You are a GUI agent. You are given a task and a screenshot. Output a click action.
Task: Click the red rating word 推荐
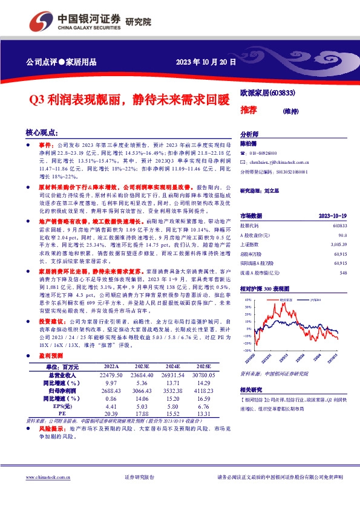[x=249, y=110]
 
